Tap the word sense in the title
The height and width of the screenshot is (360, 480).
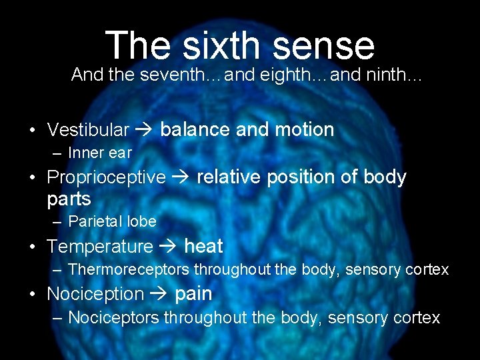coord(327,45)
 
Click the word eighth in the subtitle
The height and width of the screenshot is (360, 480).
coord(281,75)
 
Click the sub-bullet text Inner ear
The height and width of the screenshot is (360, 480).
coord(100,153)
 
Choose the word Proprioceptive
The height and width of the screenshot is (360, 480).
coord(106,177)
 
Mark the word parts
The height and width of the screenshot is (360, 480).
coord(69,199)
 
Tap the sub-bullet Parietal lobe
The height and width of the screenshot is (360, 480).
coord(112,221)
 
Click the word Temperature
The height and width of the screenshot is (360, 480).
coord(100,247)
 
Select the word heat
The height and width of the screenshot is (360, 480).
coord(203,246)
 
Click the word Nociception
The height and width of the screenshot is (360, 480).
coord(95,294)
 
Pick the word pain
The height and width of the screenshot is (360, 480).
coord(193,294)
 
